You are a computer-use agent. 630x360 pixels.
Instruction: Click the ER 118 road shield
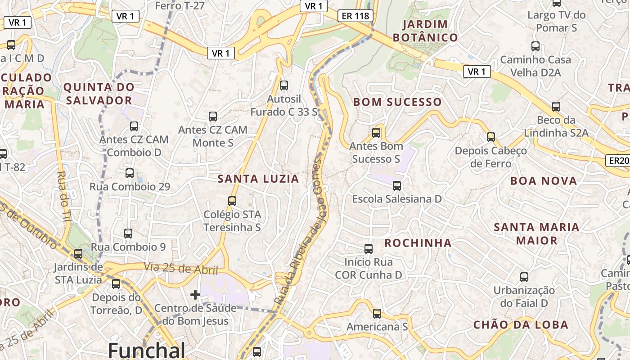coord(355,16)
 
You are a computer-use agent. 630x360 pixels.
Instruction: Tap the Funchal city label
coord(147,350)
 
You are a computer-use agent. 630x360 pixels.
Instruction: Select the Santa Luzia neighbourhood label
coord(258,179)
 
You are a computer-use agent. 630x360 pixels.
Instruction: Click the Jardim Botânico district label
coord(425,31)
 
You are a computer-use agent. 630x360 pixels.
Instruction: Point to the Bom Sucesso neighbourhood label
coord(397,102)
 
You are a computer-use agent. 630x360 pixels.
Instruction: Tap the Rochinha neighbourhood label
coord(418,243)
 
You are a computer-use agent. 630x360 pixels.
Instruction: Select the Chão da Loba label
coord(521,325)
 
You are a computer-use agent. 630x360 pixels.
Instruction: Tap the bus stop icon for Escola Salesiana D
coord(397,185)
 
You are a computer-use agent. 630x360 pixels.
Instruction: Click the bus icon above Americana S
coord(377,313)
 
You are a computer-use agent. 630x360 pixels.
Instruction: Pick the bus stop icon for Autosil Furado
coord(284,85)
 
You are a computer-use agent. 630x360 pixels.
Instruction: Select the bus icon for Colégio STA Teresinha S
coord(232,201)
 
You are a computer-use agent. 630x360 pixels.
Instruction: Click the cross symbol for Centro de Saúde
coord(195,295)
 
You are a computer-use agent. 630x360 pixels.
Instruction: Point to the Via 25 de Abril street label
coord(181,269)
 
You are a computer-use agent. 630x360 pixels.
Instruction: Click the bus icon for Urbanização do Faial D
coord(524,277)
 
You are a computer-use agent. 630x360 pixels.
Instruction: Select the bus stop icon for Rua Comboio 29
coord(130,173)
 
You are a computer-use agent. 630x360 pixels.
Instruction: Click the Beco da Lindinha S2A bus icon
coord(556,107)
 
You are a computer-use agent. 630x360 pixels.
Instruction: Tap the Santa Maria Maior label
coord(536,234)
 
